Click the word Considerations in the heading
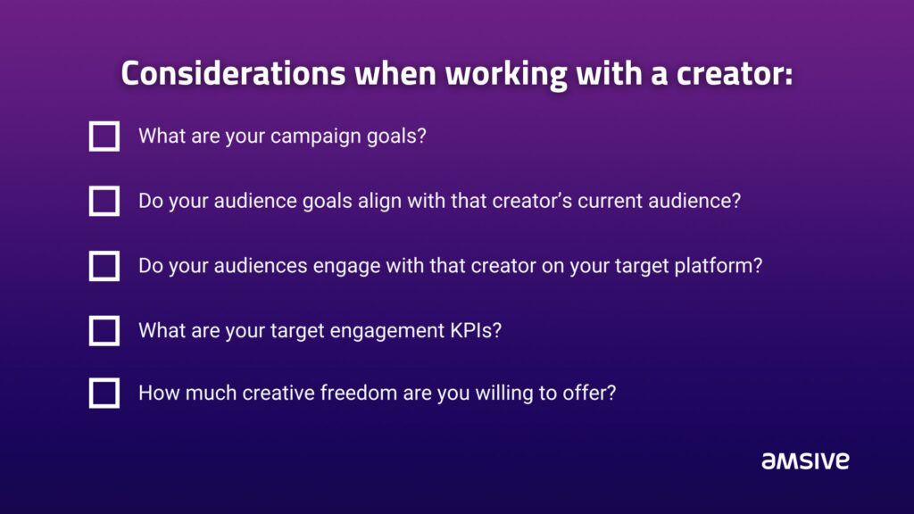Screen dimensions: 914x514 pos(233,73)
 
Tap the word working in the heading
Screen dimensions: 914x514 pos(507,75)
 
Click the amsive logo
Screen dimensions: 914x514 pos(805,460)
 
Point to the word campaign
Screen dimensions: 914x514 pos(315,137)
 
